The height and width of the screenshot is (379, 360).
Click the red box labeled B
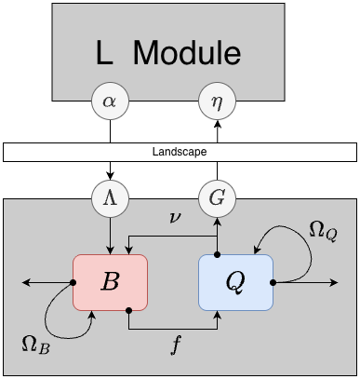[111, 281]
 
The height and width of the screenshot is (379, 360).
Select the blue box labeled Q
[235, 281]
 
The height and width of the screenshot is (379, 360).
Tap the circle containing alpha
[111, 104]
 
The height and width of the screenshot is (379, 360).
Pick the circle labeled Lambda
[111, 198]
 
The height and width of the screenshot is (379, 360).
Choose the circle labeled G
[217, 198]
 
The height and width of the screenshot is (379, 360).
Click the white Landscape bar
[180, 151]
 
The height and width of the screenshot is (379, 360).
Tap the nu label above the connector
[175, 218]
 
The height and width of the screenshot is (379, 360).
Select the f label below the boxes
[174, 343]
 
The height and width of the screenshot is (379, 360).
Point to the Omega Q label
[322, 230]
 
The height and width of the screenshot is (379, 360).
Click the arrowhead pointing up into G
[217, 222]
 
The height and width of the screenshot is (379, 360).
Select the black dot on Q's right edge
[273, 281]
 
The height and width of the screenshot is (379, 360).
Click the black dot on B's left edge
[73, 281]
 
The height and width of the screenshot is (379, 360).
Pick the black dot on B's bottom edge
[129, 309]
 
